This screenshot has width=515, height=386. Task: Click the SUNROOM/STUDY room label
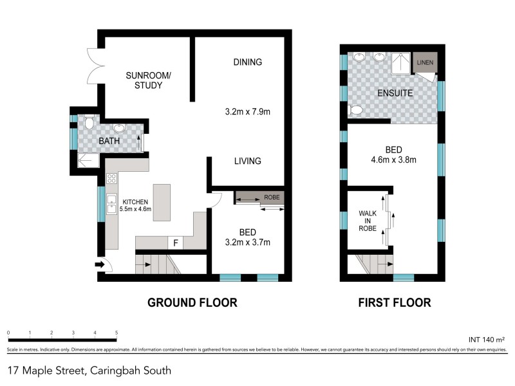click(x=148, y=80)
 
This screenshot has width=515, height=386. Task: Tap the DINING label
click(x=248, y=62)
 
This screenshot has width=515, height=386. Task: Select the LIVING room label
click(x=248, y=161)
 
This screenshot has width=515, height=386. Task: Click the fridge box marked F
click(x=176, y=243)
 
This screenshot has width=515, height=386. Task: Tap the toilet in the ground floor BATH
click(x=89, y=122)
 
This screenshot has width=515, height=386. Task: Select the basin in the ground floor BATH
click(x=120, y=127)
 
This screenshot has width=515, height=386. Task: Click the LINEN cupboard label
click(x=425, y=62)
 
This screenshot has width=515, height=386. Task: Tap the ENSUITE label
click(x=395, y=93)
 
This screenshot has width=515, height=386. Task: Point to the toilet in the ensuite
click(x=354, y=111)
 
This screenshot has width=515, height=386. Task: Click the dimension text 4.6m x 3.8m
click(x=394, y=160)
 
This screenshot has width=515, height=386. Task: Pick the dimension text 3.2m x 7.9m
click(x=248, y=111)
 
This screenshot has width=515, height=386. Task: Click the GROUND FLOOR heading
click(x=192, y=302)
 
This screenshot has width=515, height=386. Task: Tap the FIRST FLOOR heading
click(x=394, y=302)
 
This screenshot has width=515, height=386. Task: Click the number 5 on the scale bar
click(x=117, y=333)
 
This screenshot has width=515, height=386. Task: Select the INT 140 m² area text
click(x=484, y=338)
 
